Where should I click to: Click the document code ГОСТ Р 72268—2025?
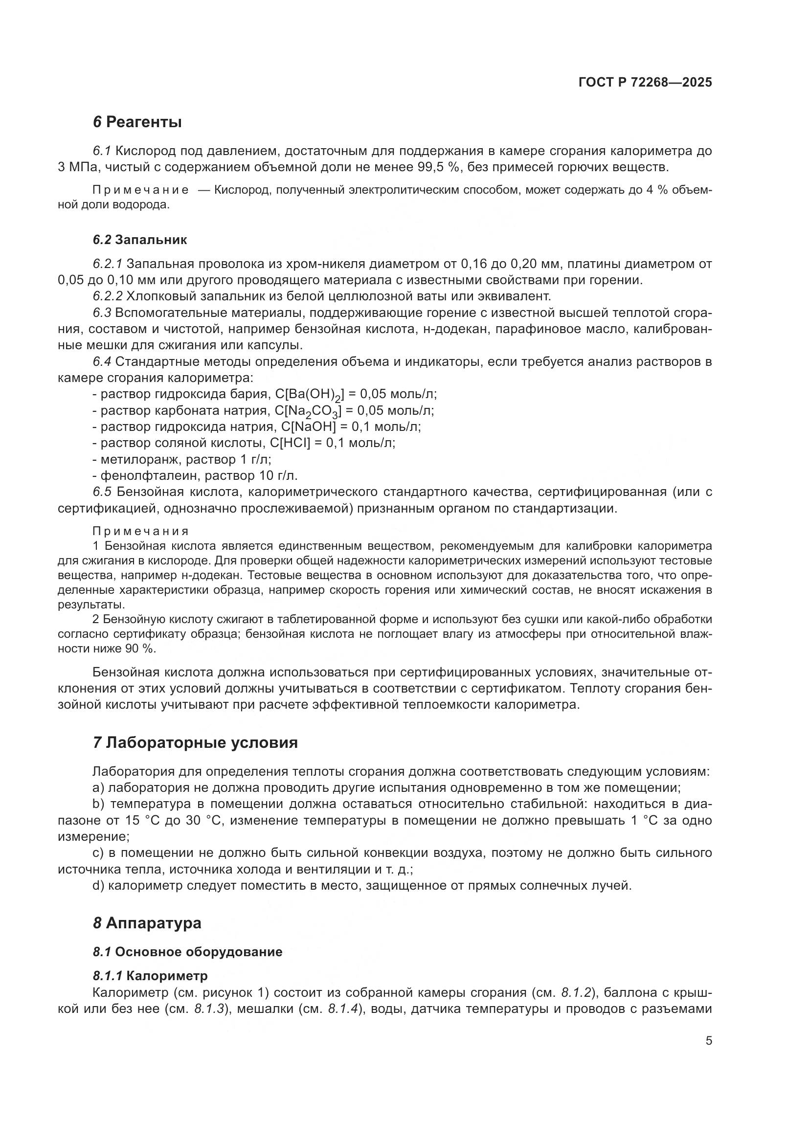[x=645, y=83]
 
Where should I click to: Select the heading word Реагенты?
[x=144, y=122]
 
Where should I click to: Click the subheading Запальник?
[x=151, y=240]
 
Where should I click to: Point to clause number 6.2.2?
[x=108, y=296]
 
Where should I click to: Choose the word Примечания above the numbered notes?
[x=141, y=531]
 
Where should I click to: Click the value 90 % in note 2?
[x=140, y=649]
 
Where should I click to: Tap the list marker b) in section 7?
[x=99, y=805]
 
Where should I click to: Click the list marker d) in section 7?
[x=98, y=886]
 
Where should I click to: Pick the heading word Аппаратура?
[x=154, y=923]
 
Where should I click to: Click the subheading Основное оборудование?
[x=199, y=952]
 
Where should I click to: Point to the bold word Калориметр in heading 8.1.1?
[x=171, y=976]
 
